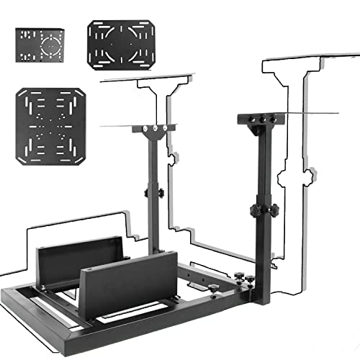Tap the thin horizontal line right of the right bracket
(x=313, y=114)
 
